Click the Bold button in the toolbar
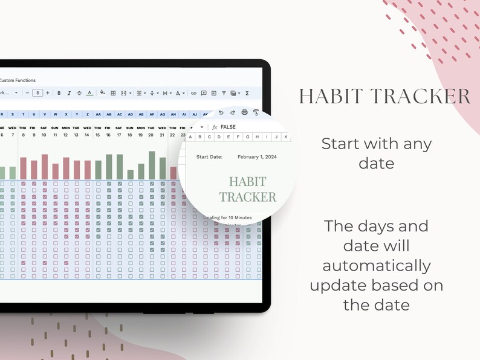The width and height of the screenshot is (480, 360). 59,93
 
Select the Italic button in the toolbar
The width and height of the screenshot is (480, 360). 69,93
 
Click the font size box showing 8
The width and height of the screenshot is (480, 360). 37,93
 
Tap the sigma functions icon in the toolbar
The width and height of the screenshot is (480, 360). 247,93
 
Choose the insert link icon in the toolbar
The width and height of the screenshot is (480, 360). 193,93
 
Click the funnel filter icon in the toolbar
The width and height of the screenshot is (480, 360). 224,93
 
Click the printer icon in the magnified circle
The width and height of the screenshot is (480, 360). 244,112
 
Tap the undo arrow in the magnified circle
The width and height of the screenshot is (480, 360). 221,112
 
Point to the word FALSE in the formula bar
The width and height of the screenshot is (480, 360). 228,127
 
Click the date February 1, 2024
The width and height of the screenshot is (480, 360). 257,156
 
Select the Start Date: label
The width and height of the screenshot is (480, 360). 209,156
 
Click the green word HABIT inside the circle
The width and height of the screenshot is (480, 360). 247,181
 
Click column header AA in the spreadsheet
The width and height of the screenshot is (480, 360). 98,114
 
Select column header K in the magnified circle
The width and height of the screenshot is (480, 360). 286,137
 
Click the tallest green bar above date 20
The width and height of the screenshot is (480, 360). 152,165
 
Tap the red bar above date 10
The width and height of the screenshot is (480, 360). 45,166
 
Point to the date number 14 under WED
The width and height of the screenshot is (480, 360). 87,135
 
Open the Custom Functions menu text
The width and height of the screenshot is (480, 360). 18,80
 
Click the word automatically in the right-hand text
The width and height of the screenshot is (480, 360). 377,265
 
